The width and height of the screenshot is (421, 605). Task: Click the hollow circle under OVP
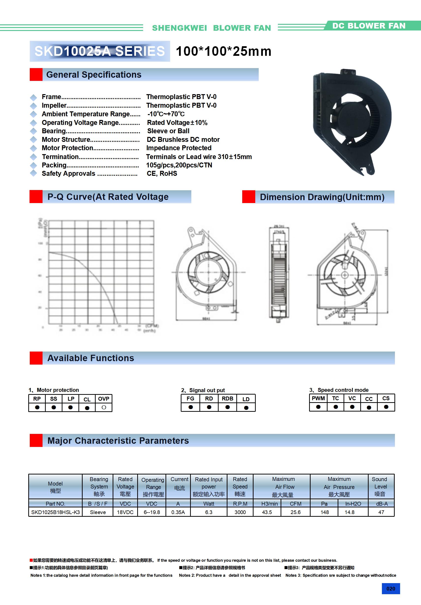pyautogui.click(x=104, y=407)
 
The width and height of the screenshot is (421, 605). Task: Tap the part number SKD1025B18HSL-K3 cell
pyautogui.click(x=55, y=512)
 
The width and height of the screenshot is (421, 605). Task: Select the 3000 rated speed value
pyautogui.click(x=240, y=512)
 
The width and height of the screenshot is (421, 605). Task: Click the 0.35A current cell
pyautogui.click(x=178, y=512)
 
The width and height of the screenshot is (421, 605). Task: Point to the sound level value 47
pyautogui.click(x=381, y=512)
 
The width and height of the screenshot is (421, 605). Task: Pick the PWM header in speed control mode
pyautogui.click(x=318, y=398)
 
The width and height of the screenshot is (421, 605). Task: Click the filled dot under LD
pyautogui.click(x=246, y=408)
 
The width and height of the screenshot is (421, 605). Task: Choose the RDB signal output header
pyautogui.click(x=227, y=399)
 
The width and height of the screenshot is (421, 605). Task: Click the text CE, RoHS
pyautogui.click(x=162, y=173)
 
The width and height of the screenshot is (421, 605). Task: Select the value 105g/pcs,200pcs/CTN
pyautogui.click(x=179, y=165)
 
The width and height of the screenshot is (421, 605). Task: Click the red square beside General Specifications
pyautogui.click(x=36, y=74)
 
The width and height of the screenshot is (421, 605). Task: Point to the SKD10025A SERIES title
pyautogui.click(x=100, y=51)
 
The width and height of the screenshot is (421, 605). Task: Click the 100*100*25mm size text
pyautogui.click(x=223, y=51)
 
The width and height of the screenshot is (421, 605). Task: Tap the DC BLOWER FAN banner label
pyautogui.click(x=369, y=26)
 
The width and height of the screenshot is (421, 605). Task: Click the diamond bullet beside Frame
pyautogui.click(x=33, y=97)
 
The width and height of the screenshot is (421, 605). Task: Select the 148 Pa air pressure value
pyautogui.click(x=325, y=512)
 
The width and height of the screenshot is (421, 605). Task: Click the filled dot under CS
pyautogui.click(x=386, y=407)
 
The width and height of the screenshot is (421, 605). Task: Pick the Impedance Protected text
pyautogui.click(x=179, y=148)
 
